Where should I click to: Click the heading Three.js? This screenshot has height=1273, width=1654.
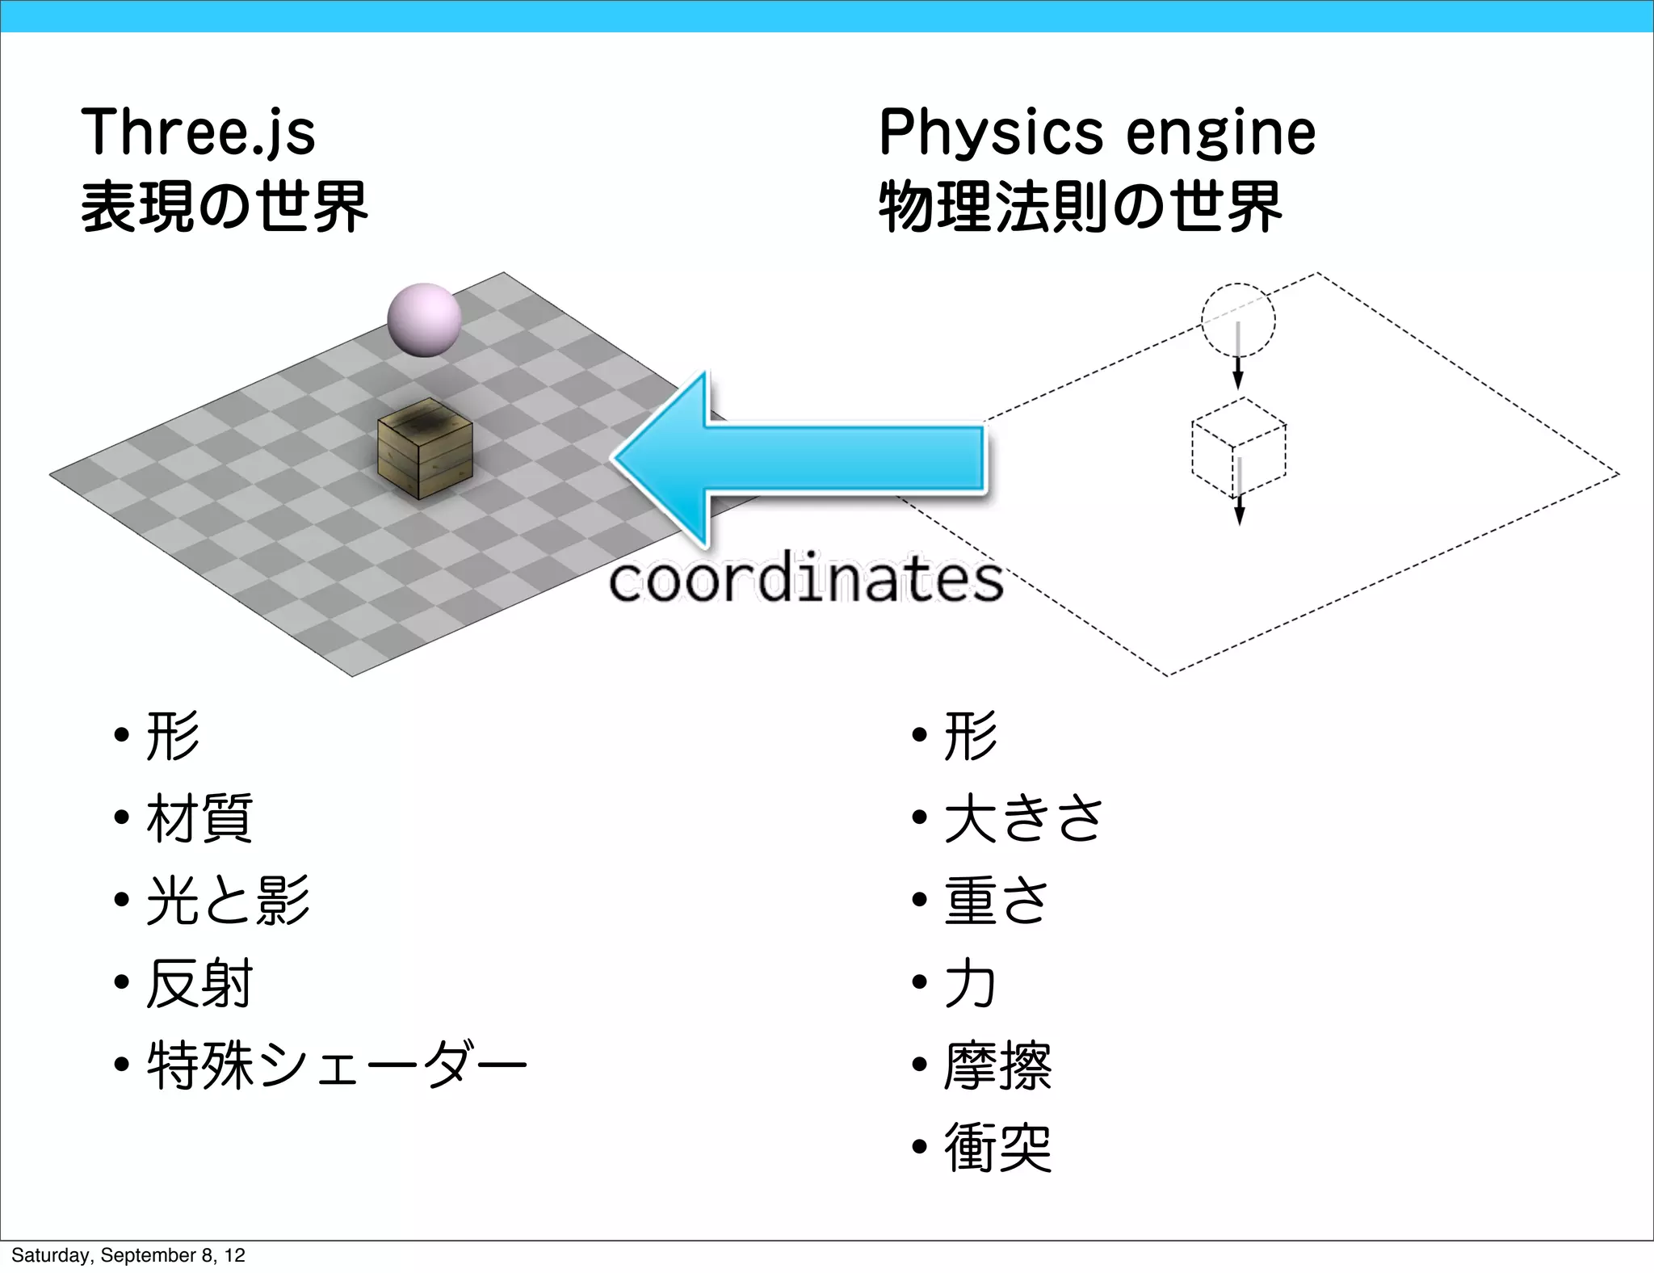coord(198,132)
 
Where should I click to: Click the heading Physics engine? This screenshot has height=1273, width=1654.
coord(1097,132)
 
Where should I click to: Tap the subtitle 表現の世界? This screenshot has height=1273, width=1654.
coord(225,207)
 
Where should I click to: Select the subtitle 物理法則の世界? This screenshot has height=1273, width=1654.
coord(1080,207)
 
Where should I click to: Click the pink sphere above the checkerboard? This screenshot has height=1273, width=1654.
coord(424,320)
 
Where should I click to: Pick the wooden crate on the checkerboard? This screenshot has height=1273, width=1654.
coord(425,449)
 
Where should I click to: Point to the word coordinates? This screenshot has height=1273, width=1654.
coord(805,580)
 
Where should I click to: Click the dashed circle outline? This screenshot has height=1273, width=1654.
coord(1238,320)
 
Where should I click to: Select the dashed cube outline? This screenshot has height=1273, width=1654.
coord(1239,448)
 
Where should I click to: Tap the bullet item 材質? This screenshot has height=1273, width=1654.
coord(199,818)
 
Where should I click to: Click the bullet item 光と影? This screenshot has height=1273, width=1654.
coord(228,901)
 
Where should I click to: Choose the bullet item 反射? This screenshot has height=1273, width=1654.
coord(199,983)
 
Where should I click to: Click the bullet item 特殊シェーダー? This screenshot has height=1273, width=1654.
coord(336,1065)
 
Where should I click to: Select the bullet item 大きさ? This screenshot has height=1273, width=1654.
coord(1023,818)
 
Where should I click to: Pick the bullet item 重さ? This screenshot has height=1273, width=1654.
coord(997,901)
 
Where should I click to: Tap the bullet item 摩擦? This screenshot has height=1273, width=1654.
coord(998,1065)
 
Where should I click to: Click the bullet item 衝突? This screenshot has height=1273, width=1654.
coord(998,1147)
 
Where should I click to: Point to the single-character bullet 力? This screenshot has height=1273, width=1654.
coord(970,983)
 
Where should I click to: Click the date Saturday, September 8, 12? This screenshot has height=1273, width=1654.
coord(128,1255)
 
